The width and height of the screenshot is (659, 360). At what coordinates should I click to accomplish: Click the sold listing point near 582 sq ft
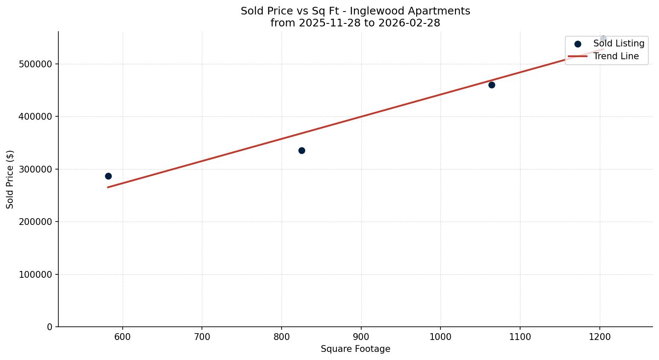coord(108,176)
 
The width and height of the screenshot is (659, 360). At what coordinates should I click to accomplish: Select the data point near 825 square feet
coord(302,150)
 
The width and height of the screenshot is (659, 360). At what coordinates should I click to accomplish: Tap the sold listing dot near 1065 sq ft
coord(492,85)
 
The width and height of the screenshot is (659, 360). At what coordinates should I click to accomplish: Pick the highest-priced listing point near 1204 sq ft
coord(603,39)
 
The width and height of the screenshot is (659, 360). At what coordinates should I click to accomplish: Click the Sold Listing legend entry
coord(619,43)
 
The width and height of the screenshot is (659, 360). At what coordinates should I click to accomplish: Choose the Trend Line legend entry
coord(616,56)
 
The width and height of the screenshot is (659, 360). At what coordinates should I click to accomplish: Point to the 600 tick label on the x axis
coord(123,337)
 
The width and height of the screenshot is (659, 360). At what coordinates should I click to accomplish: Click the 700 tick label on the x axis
coord(202,337)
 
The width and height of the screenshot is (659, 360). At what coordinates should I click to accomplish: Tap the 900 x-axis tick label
coord(361,337)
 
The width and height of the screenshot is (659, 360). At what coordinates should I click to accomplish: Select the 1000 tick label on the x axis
coord(440,337)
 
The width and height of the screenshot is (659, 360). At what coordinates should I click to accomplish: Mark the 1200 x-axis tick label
coord(600,337)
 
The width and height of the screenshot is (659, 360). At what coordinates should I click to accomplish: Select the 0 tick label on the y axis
coord(50,327)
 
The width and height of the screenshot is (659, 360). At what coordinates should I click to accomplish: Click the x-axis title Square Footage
coord(355,349)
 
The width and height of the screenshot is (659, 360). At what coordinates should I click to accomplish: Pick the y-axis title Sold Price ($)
coord(10,179)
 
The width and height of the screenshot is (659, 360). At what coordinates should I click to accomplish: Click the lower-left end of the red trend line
coord(108,187)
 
